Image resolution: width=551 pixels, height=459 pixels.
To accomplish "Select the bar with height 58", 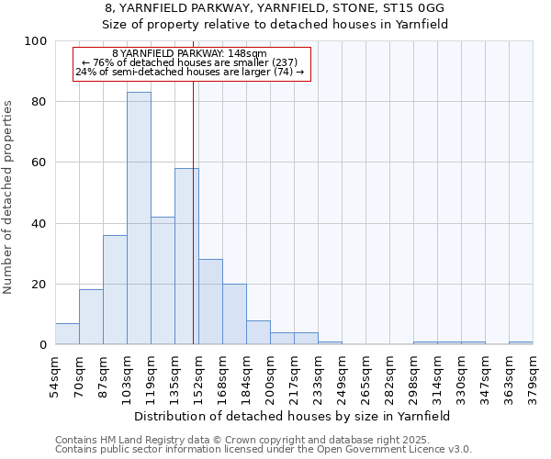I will (186, 256).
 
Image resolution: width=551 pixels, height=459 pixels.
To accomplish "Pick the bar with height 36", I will (115, 290).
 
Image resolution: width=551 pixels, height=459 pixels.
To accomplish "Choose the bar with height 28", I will (210, 302).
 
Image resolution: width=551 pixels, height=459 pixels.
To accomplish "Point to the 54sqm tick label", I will (56, 375).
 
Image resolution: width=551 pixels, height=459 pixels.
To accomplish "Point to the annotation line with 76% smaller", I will (190, 62).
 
